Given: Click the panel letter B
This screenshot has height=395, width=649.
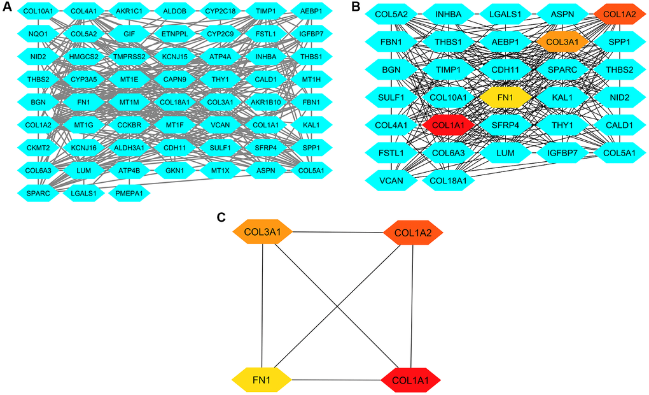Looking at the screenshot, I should coord(356,7).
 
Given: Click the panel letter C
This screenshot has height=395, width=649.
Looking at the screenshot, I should coord(221,217).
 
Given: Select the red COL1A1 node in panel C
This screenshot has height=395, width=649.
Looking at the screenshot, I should coord(410,381).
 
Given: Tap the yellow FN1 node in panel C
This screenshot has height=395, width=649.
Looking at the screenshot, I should coord(261,381).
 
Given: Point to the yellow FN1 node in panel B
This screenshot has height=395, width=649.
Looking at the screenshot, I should coord(506,97).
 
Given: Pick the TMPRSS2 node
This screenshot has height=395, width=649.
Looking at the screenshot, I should coord(130,56).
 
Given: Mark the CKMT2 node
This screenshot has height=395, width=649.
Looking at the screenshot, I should coord(38,148).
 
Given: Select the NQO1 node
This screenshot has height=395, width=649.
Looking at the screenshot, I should coord(38,33).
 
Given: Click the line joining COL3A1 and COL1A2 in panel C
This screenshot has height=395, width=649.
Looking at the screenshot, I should coord(337,232).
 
